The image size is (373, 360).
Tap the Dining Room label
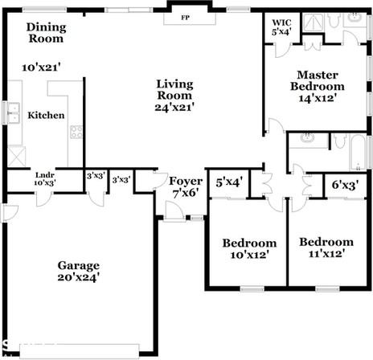click(x=47, y=33)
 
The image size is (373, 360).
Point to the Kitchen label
click(x=46, y=116)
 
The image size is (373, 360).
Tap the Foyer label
click(x=185, y=181)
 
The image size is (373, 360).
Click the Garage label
click(x=78, y=265)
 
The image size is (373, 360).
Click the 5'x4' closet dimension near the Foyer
click(x=229, y=182)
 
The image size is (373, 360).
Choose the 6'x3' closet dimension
click(x=345, y=185)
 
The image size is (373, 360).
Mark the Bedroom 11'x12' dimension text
click(x=326, y=254)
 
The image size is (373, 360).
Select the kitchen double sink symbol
click(x=13, y=112)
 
